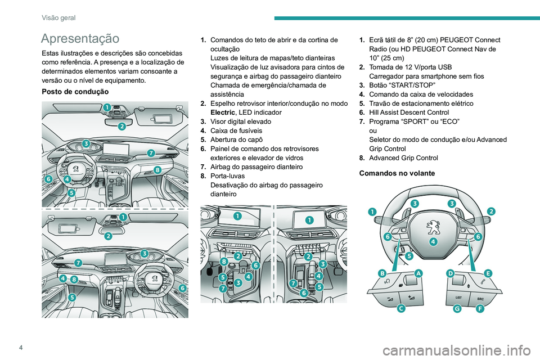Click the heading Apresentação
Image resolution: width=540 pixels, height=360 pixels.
[x=80, y=39]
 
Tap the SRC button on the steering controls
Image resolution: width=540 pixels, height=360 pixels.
[x=480, y=296]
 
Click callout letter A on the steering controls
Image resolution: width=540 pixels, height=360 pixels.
[x=418, y=273]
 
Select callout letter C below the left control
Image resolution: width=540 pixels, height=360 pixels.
[x=400, y=309]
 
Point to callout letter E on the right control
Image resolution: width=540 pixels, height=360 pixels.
[x=488, y=273]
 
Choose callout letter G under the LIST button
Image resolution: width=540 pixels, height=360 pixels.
[x=458, y=309]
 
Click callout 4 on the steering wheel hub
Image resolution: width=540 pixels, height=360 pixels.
[x=433, y=242]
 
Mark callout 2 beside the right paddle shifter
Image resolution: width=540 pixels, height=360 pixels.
[x=491, y=211]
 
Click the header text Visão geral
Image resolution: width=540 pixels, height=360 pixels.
[x=58, y=18]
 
